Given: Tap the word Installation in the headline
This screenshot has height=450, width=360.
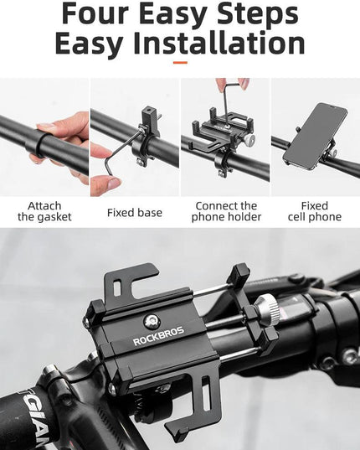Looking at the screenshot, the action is (x=219, y=44).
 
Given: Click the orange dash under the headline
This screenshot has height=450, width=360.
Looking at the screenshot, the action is (x=180, y=63).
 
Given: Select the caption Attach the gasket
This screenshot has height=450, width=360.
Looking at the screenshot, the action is (x=44, y=211).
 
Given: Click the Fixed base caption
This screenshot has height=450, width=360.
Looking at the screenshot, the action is (x=135, y=213).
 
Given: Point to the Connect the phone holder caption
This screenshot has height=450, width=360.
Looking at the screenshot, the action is (x=226, y=211).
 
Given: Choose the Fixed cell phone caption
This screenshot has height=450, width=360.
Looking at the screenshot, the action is (x=315, y=211).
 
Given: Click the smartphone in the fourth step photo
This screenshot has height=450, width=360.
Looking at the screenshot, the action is (x=316, y=136).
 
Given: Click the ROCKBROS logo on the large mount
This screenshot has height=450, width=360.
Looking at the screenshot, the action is (x=158, y=336).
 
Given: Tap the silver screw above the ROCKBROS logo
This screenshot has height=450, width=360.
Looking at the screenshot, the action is (x=151, y=321).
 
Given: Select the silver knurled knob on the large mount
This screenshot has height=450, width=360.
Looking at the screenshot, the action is (x=267, y=311).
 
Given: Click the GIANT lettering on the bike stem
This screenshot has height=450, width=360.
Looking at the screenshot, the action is (x=36, y=417).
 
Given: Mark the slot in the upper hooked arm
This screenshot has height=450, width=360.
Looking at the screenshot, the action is (x=116, y=288).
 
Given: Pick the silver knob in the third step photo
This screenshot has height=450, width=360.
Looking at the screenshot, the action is (x=249, y=140).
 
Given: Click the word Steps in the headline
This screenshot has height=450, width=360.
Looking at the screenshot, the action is (x=258, y=13).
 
